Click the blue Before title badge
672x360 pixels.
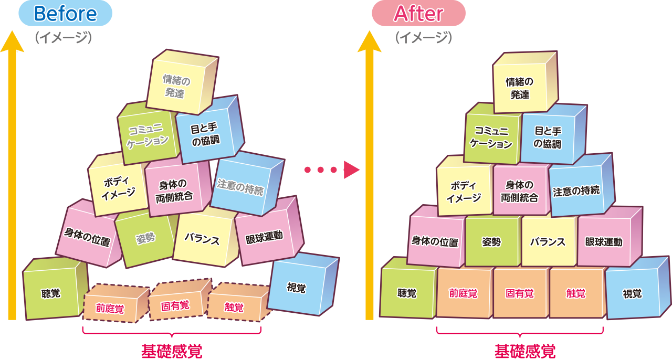coord(65,14)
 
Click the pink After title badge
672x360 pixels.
coord(418,14)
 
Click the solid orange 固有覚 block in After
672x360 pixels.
coord(520,293)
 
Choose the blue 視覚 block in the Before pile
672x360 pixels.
coord(297,288)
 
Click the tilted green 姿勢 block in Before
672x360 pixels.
coord(145,239)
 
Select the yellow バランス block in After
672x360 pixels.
coord(548,242)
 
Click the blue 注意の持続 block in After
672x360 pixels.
coord(576,191)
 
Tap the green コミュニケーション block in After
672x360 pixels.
coord(490,137)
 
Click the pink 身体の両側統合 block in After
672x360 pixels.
coord(520,191)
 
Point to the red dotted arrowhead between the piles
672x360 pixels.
coord(352,170)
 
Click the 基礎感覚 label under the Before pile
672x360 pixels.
coord(171,351)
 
